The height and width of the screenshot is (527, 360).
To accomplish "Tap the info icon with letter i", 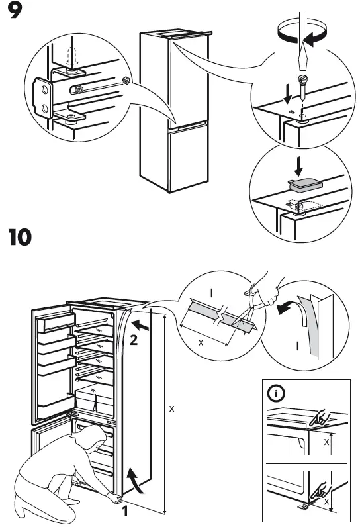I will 275,395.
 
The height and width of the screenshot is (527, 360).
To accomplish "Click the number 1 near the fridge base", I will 124,510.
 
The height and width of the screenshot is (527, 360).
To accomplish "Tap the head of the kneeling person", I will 96,437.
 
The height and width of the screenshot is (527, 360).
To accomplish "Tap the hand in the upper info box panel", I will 322,416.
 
